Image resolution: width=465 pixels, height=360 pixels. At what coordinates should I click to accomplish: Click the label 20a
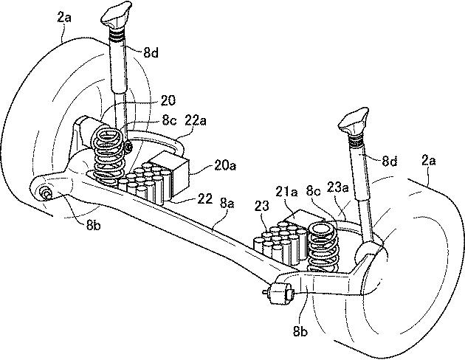coord(225,166)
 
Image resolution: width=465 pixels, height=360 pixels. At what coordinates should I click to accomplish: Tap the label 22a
coord(196,121)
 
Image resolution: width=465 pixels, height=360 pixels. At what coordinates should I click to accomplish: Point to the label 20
coord(168,101)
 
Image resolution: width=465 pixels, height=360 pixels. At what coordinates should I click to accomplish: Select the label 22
coord(205,199)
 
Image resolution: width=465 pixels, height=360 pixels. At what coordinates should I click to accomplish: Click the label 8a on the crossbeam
coord(227,204)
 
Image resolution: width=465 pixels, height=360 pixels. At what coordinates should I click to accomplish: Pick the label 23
coord(261,206)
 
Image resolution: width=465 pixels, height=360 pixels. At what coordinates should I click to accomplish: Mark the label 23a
coord(338,187)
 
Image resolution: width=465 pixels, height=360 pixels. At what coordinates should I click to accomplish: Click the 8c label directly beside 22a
coord(169,121)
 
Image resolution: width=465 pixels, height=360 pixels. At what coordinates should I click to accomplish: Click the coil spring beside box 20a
coord(108,156)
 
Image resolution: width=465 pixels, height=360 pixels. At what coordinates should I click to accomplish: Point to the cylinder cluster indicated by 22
coord(144,184)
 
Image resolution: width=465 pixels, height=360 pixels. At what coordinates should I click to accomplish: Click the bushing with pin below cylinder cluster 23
coord(280,294)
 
